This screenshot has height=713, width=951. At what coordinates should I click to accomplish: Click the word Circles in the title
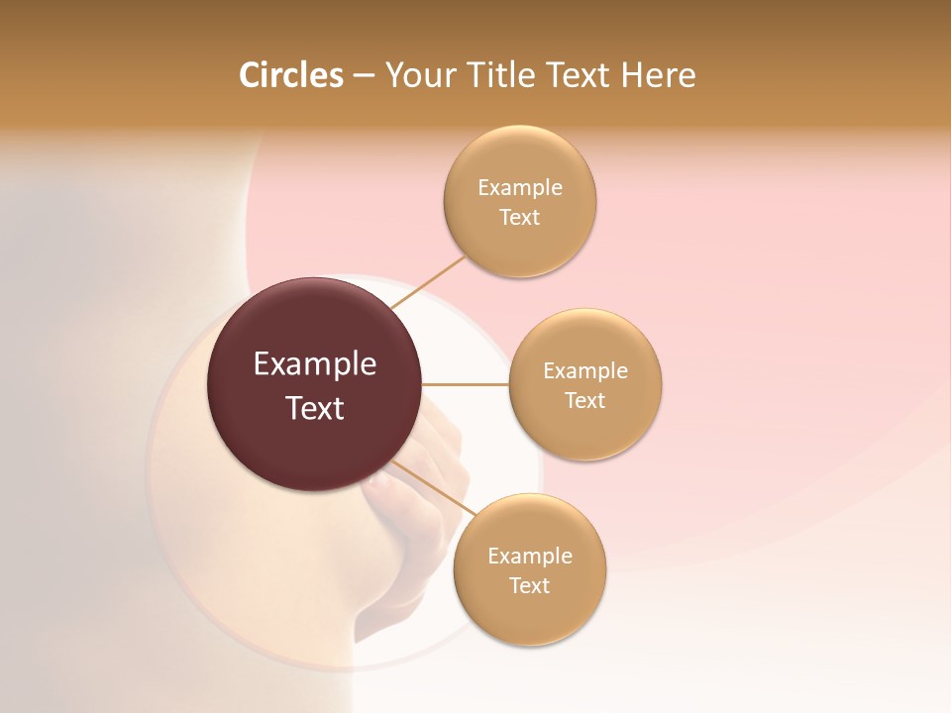[290, 75]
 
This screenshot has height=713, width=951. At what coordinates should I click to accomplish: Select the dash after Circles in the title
[364, 76]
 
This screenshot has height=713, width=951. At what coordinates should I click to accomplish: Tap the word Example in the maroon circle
[314, 364]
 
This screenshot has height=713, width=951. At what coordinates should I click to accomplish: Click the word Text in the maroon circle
[314, 408]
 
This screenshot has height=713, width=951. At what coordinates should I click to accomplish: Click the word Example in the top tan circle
[519, 188]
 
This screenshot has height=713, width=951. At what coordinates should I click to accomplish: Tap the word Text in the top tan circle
[519, 218]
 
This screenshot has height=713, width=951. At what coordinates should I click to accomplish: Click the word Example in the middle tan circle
[584, 371]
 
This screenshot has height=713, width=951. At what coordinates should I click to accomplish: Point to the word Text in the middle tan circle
[584, 401]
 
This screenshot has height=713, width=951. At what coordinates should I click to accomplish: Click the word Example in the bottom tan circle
[529, 557]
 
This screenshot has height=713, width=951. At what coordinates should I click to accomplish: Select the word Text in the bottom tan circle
[529, 586]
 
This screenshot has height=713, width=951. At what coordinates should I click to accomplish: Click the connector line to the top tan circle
[428, 281]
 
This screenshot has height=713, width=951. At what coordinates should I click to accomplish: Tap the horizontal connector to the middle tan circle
[465, 384]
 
